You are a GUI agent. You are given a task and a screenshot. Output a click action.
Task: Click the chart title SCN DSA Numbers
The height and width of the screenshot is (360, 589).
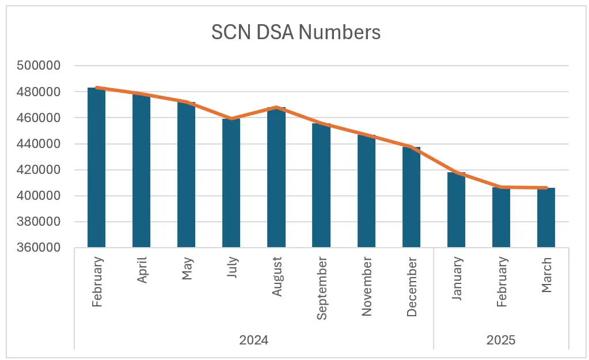[x=295, y=33]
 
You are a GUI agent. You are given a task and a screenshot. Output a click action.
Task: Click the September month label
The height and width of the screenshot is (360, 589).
[x=322, y=289]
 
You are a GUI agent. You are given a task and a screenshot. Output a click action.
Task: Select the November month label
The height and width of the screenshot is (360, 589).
[x=367, y=287]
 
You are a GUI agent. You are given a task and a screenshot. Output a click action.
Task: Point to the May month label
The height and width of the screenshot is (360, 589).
[x=187, y=268]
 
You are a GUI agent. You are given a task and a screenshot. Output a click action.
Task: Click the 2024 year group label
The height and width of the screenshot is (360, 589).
[x=253, y=340]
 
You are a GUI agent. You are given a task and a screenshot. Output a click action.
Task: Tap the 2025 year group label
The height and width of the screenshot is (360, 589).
[x=501, y=340]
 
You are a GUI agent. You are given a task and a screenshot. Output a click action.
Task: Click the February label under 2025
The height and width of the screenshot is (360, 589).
[x=501, y=281]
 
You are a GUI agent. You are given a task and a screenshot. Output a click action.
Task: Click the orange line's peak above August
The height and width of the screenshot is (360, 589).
[x=276, y=107]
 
